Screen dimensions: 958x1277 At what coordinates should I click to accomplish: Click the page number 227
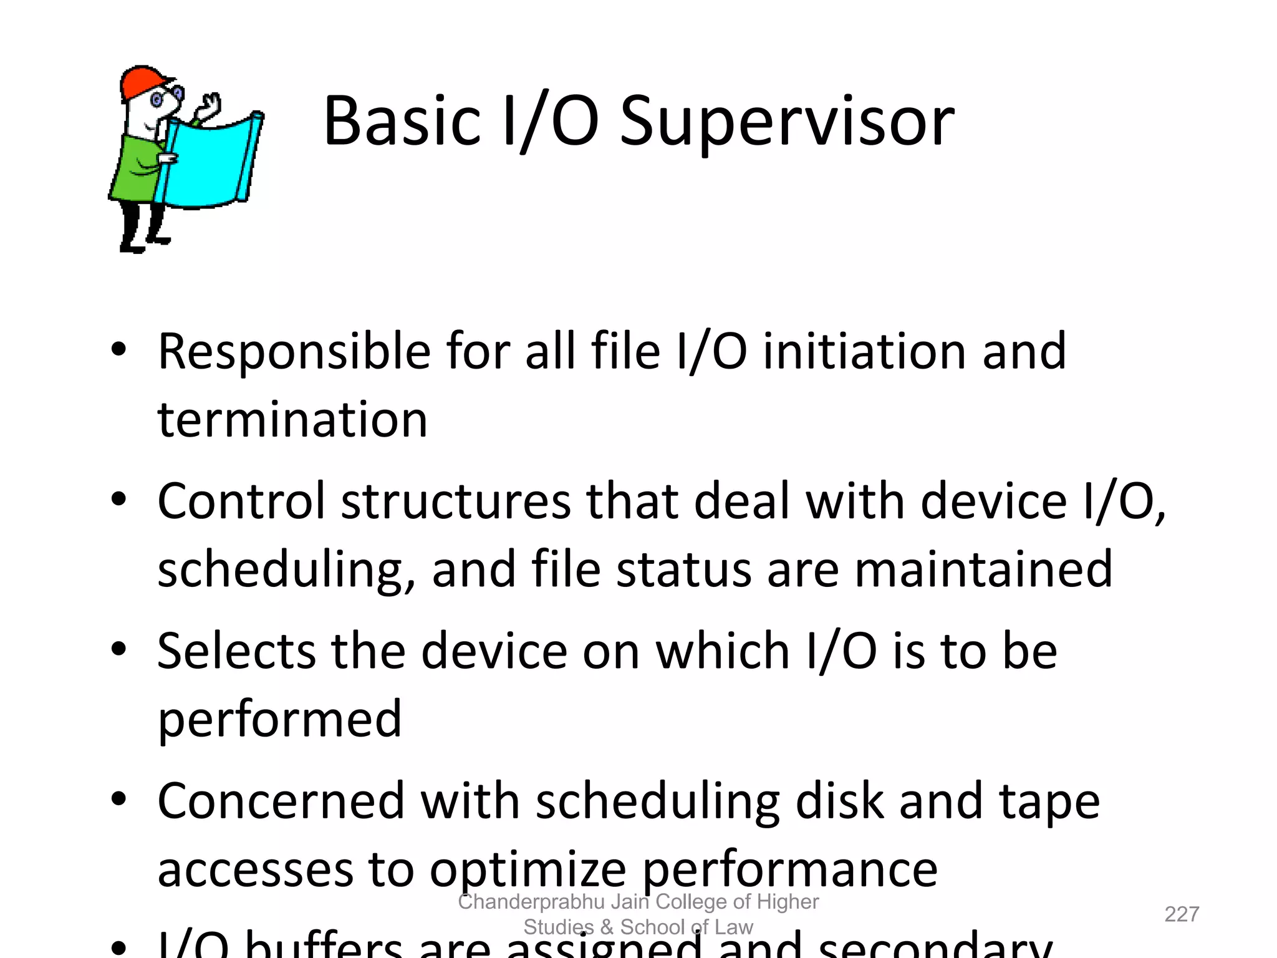click(1182, 914)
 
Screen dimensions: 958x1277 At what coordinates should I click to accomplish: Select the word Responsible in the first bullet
click(294, 352)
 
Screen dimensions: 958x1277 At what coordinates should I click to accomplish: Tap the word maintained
click(983, 569)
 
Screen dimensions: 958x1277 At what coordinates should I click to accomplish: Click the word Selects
click(236, 652)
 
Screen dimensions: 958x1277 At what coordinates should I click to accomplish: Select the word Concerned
click(281, 801)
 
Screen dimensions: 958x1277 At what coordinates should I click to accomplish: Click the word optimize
click(528, 871)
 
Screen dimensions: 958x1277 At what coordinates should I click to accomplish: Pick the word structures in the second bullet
click(456, 501)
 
